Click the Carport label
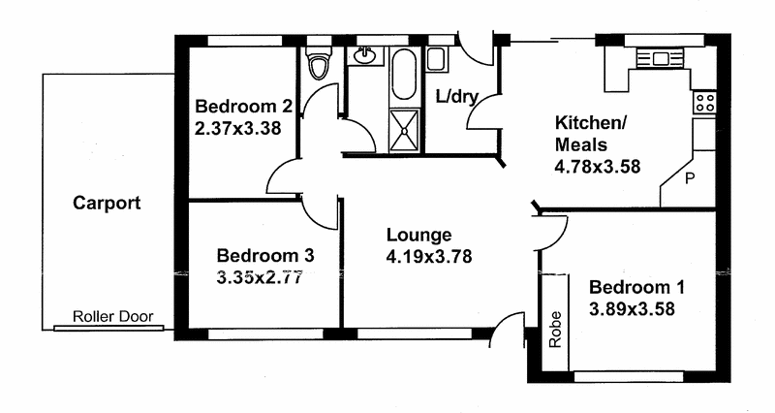[x=107, y=204]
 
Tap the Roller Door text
[x=112, y=317]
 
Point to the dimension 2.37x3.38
[x=238, y=127]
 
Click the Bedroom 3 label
[x=264, y=256]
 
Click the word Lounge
[x=418, y=235]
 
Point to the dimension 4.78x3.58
[x=597, y=166]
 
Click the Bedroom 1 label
[x=636, y=288]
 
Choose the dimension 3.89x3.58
[x=632, y=310]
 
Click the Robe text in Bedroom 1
[x=555, y=330]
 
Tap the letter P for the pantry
[x=690, y=179]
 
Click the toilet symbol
[x=317, y=64]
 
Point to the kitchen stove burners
[x=704, y=100]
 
